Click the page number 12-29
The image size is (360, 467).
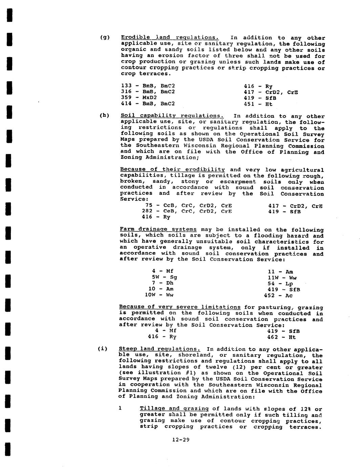pyautogui.click(x=181, y=440)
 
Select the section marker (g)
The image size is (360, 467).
pyautogui.click(x=105, y=37)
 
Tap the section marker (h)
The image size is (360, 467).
pyautogui.click(x=104, y=115)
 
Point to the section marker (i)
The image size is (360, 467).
pyautogui.click(x=102, y=349)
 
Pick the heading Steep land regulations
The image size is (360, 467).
pyautogui.click(x=160, y=349)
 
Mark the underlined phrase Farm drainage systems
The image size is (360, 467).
pyautogui.click(x=158, y=229)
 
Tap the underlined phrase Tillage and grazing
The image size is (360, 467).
pyautogui.click(x=174, y=409)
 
